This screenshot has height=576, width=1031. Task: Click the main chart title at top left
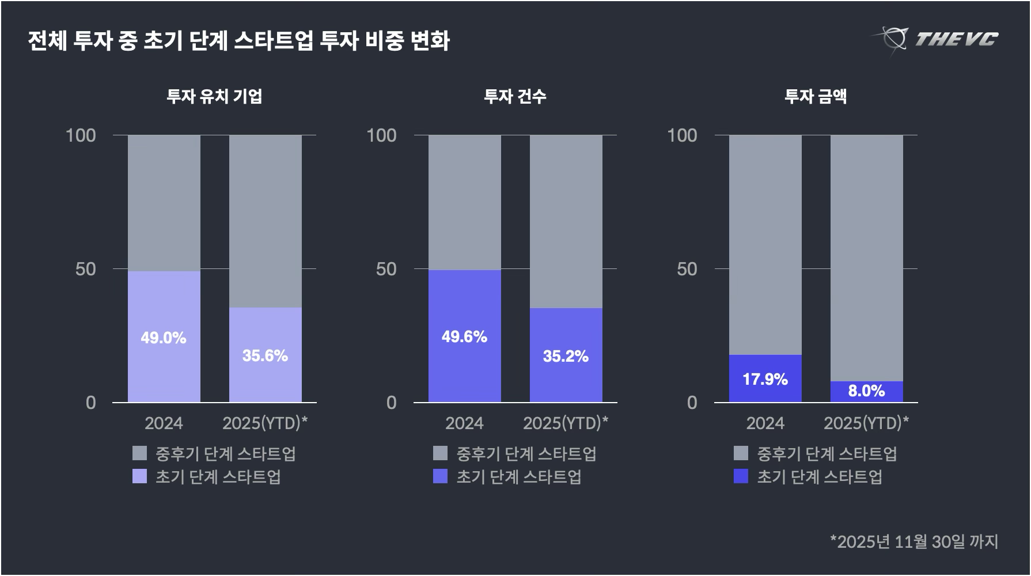pyautogui.click(x=238, y=41)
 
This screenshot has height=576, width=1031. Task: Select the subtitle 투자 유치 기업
pyautogui.click(x=214, y=96)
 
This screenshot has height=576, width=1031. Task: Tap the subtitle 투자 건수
pyautogui.click(x=515, y=96)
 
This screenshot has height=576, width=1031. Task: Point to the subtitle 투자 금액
pyautogui.click(x=816, y=96)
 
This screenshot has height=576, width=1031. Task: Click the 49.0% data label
pyautogui.click(x=164, y=338)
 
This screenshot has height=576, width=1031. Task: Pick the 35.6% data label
pyautogui.click(x=265, y=355)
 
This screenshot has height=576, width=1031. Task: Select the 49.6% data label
pyautogui.click(x=464, y=336)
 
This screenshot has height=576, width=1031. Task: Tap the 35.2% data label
pyautogui.click(x=566, y=356)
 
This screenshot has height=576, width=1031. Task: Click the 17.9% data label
pyautogui.click(x=765, y=379)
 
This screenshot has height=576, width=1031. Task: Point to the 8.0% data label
pyautogui.click(x=866, y=391)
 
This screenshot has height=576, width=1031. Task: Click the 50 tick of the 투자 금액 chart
pyautogui.click(x=687, y=269)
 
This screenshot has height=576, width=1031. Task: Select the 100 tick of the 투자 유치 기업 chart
pyautogui.click(x=81, y=135)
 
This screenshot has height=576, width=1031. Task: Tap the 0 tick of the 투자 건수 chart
pyautogui.click(x=392, y=403)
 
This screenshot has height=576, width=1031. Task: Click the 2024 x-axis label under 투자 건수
pyautogui.click(x=464, y=423)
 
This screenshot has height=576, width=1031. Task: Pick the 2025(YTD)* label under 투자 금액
pyautogui.click(x=866, y=423)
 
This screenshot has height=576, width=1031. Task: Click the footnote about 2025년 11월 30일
pyautogui.click(x=914, y=541)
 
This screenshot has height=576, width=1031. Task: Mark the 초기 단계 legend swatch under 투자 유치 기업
pyautogui.click(x=139, y=476)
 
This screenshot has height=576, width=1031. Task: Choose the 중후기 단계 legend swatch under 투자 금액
pyautogui.click(x=741, y=453)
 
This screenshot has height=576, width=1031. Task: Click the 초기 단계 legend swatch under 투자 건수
pyautogui.click(x=440, y=476)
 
